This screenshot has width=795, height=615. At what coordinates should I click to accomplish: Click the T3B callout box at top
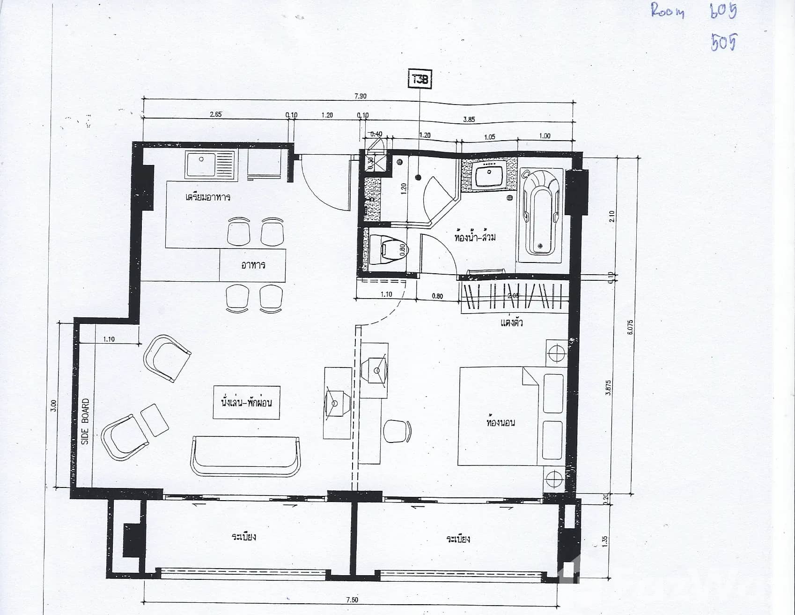[x=420, y=79]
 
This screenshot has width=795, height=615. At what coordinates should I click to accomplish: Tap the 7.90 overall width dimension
[x=360, y=96]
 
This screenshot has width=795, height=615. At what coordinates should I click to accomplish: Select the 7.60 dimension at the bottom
[x=352, y=600]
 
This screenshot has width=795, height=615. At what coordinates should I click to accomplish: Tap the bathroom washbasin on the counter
[x=489, y=177]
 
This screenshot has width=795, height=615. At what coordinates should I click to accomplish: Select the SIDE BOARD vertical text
[x=85, y=421]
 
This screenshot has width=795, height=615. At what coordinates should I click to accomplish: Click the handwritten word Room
[x=668, y=11]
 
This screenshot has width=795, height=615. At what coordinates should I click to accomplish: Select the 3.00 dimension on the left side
[x=53, y=405]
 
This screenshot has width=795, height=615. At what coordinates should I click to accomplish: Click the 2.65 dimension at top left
[x=215, y=114]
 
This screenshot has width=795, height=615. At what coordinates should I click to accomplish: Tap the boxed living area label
[x=246, y=403]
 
